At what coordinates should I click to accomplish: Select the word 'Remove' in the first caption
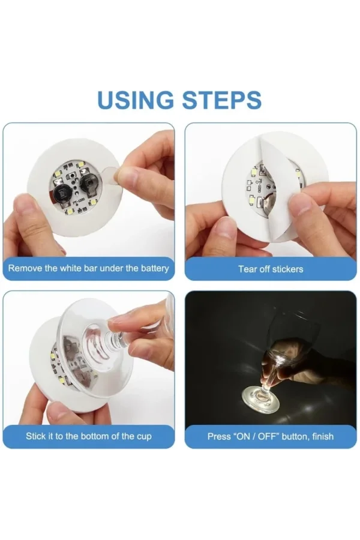tap(25, 268)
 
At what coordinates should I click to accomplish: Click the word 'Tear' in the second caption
tap(248, 269)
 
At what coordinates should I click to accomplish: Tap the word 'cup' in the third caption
tap(144, 436)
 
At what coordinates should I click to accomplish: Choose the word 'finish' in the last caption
tap(321, 436)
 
